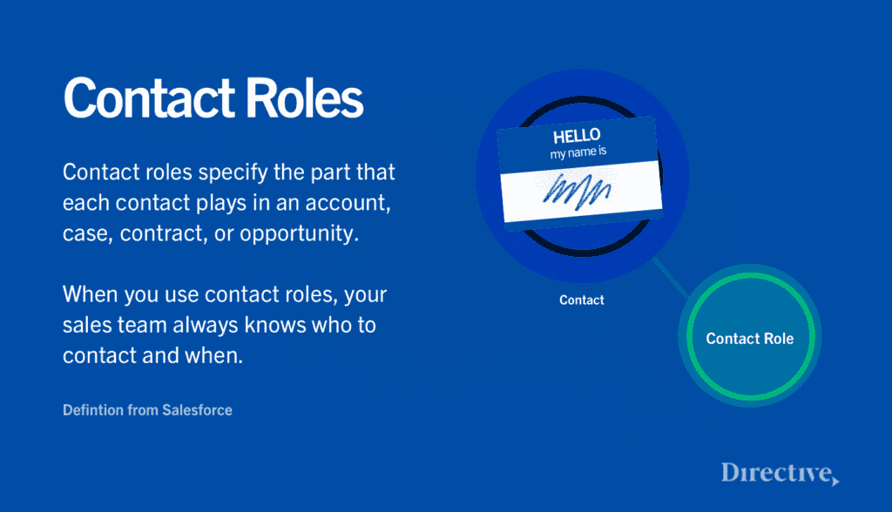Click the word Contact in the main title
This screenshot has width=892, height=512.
[149, 98]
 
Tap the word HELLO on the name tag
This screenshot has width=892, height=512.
[577, 136]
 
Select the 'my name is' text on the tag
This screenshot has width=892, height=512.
[578, 152]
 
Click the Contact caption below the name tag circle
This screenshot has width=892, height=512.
[581, 300]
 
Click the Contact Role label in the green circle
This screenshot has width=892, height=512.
[750, 339]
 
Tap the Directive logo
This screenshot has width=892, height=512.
[780, 474]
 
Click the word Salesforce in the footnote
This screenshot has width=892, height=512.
[198, 410]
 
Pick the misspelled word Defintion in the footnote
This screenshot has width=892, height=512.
[93, 410]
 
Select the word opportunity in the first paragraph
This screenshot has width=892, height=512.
[300, 234]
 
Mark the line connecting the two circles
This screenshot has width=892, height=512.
[671, 278]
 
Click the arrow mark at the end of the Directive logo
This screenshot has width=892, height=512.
[835, 482]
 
